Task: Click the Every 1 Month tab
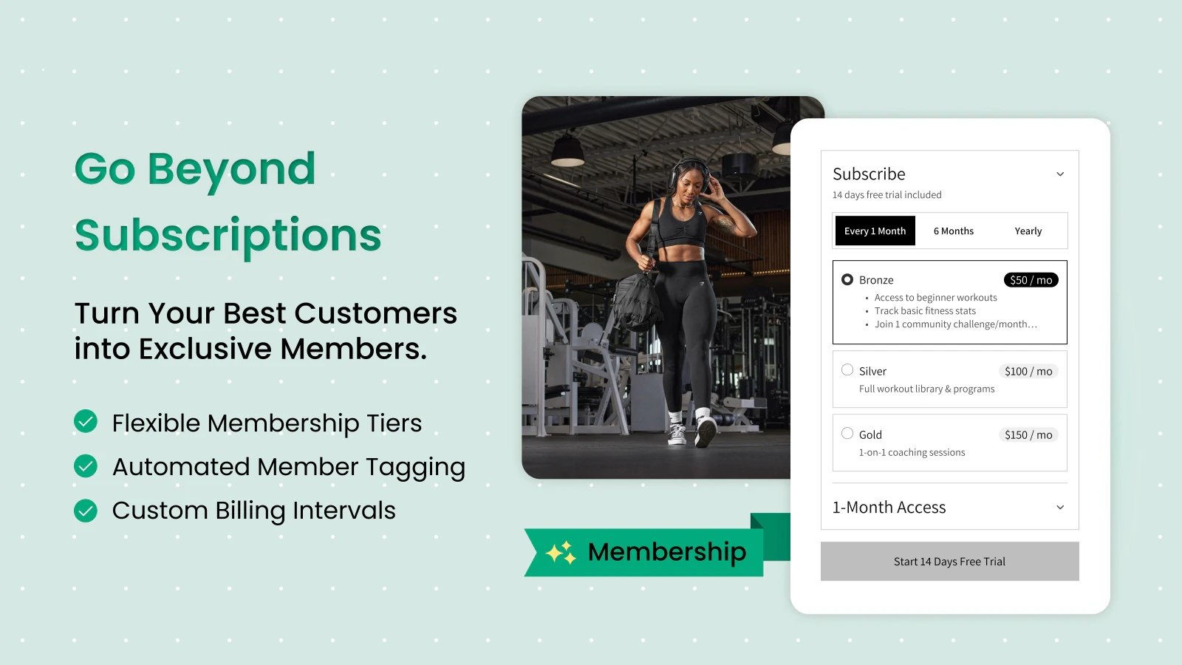point(875,231)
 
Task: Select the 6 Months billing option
point(954,231)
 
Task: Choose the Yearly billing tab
point(1028,231)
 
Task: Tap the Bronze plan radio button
point(847,279)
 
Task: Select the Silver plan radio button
point(847,369)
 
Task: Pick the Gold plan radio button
point(847,433)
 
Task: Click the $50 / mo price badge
point(1031,280)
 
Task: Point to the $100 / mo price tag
point(1028,371)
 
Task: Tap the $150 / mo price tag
point(1028,434)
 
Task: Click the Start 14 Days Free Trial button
point(950,561)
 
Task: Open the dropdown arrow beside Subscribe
point(1060,174)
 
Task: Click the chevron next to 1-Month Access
point(1060,507)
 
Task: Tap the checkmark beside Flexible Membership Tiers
point(86,421)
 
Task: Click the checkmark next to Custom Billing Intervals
point(86,511)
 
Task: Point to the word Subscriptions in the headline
point(228,236)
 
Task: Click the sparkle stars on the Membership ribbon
point(561,552)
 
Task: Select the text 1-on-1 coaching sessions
point(912,452)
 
